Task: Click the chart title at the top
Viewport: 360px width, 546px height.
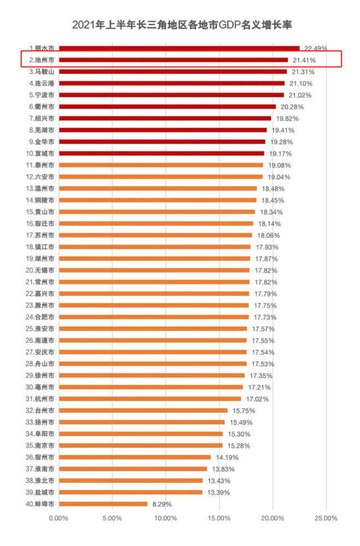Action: click(x=180, y=25)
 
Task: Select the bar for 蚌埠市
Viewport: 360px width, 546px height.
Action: click(x=103, y=503)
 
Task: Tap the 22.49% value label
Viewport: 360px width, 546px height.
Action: click(x=316, y=48)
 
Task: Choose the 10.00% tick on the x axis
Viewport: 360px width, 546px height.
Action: click(x=166, y=518)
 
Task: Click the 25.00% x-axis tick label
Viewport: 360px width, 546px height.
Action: click(x=326, y=518)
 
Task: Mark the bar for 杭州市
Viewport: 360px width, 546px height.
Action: click(x=150, y=399)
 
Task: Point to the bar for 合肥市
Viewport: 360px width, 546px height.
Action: click(x=154, y=317)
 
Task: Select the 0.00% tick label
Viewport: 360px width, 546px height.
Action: click(x=59, y=518)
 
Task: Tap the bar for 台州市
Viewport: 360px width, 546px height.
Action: click(x=143, y=410)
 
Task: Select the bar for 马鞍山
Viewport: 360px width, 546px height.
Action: click(x=173, y=72)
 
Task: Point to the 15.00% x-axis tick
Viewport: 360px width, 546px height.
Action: click(x=219, y=518)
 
